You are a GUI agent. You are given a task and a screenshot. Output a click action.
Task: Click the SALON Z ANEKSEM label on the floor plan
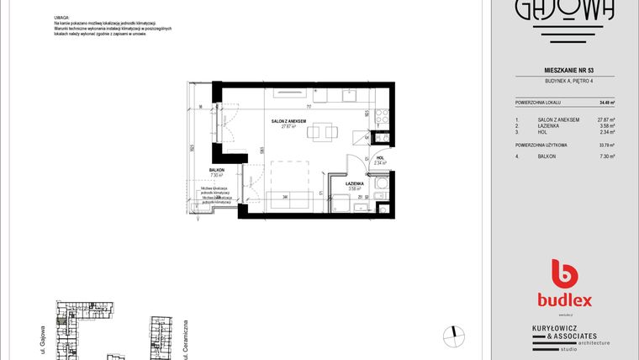(288, 121)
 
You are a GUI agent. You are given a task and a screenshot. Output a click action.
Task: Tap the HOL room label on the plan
(380, 157)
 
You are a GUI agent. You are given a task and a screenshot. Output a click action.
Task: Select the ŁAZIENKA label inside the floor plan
(354, 183)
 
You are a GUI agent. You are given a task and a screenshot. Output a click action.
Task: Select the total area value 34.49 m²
(606, 102)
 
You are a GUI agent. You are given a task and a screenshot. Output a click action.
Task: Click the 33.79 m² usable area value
(605, 145)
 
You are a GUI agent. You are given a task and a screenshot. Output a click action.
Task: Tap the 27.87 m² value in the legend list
(605, 119)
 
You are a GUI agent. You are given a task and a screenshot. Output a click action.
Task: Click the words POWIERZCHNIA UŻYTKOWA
(541, 145)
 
